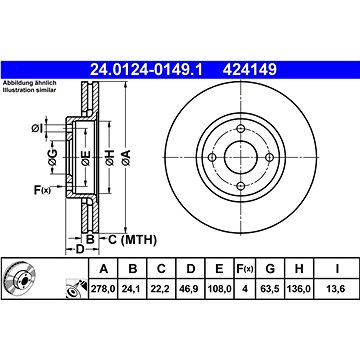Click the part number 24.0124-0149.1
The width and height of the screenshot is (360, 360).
point(146,70)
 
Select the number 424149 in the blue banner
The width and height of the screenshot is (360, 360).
point(250,70)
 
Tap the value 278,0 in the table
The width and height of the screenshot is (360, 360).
point(103,289)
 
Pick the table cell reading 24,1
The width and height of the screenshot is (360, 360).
point(133,289)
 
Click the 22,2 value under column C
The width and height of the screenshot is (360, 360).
point(161,289)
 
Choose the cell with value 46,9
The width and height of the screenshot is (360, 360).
point(190,289)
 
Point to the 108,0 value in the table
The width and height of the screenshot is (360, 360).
point(219,289)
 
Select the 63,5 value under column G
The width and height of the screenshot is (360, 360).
point(270,289)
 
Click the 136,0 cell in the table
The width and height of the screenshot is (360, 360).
point(299,289)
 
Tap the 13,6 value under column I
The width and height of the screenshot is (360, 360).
point(337,289)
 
